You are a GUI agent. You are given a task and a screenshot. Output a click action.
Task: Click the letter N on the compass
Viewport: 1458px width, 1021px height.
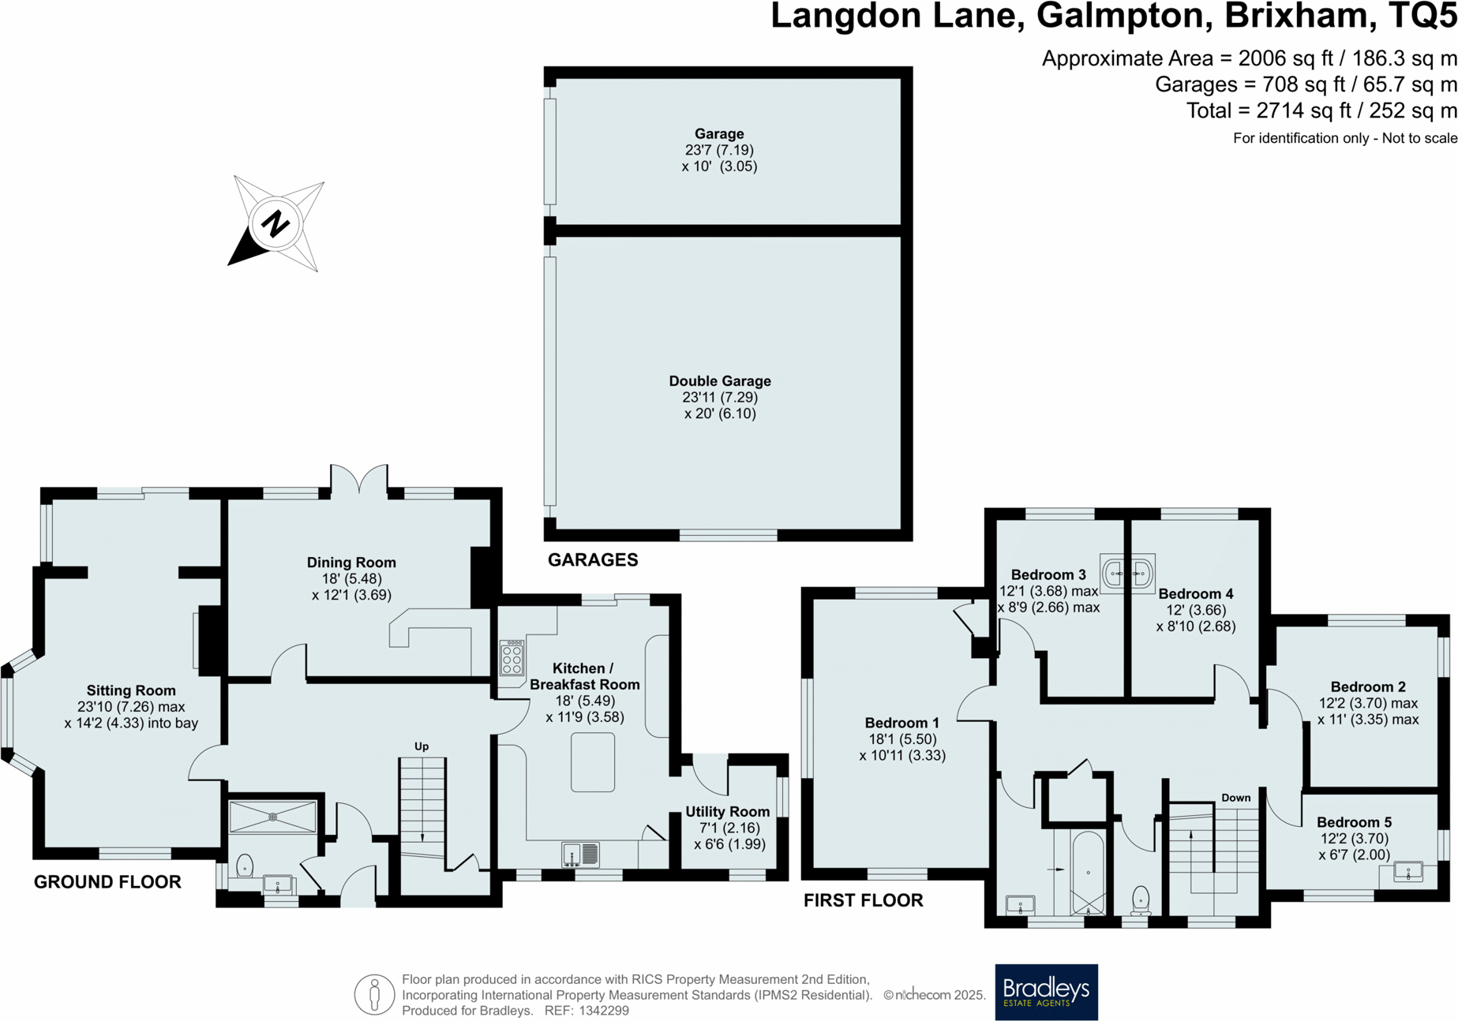click(x=275, y=224)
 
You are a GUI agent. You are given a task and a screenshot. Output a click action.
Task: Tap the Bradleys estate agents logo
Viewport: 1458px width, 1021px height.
click(x=1046, y=991)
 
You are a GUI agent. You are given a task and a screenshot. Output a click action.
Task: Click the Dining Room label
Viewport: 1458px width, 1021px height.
click(x=351, y=563)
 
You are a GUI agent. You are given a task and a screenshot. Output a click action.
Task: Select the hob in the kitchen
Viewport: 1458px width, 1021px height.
click(x=512, y=658)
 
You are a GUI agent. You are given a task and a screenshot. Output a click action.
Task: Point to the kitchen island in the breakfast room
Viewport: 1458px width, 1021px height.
click(x=593, y=761)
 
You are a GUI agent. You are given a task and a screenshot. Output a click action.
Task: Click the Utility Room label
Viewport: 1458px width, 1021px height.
click(x=727, y=812)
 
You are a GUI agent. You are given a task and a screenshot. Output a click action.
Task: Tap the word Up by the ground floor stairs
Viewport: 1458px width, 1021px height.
click(x=422, y=746)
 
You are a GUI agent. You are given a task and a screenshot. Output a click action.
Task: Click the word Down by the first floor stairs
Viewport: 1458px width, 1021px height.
click(x=1235, y=798)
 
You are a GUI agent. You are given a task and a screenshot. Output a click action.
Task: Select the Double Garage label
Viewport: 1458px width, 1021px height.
click(x=720, y=381)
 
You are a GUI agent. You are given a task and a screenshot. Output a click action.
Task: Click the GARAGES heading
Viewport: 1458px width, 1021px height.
click(x=593, y=560)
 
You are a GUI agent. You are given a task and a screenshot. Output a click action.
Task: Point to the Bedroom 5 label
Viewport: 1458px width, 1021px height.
click(x=1353, y=822)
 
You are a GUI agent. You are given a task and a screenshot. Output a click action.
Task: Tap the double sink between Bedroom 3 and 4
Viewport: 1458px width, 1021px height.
click(x=1127, y=573)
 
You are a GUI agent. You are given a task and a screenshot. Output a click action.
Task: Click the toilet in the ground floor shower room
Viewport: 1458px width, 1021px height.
click(x=245, y=866)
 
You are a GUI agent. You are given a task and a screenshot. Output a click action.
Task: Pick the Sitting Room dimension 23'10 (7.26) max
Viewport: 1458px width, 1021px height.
click(x=131, y=707)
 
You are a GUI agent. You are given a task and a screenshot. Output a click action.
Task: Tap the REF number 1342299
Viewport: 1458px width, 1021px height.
click(x=604, y=1011)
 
